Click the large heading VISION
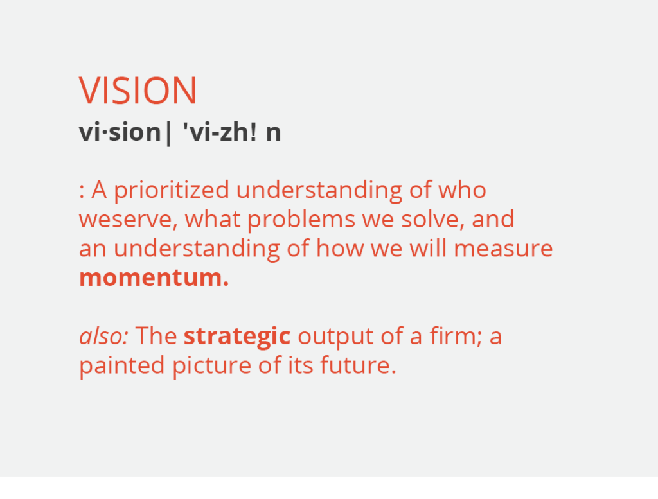(138, 91)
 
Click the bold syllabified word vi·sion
(120, 132)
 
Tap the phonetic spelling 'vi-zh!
(220, 132)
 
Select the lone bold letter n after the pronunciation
(273, 134)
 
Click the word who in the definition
(462, 189)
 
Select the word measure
(503, 249)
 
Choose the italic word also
(103, 336)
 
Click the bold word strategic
(237, 337)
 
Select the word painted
(121, 366)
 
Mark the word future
(359, 365)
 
